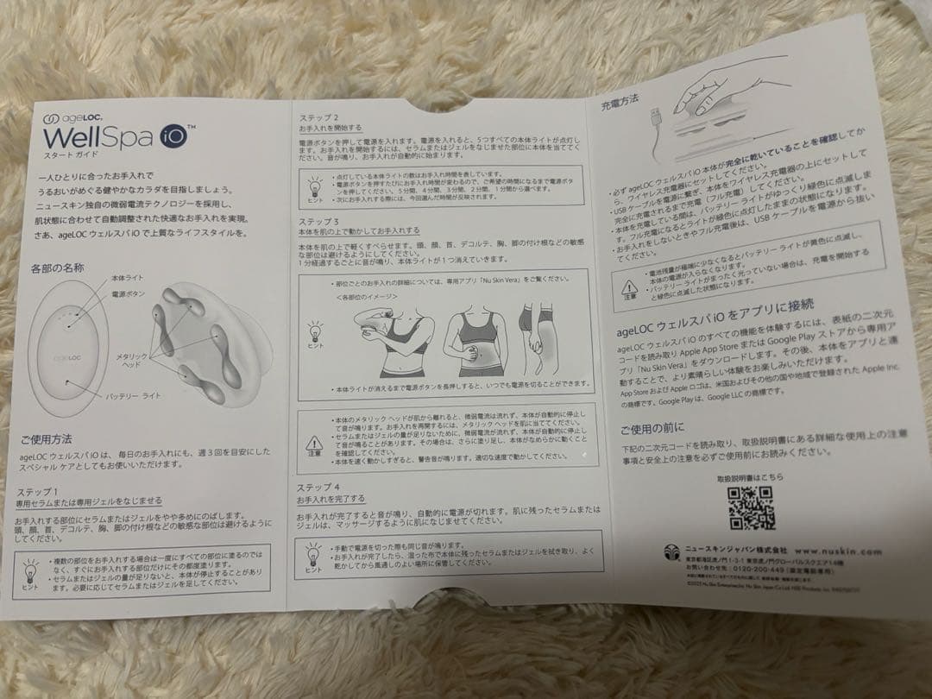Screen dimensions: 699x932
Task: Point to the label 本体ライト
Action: point(128,277)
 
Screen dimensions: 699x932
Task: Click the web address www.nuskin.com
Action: point(836,549)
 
